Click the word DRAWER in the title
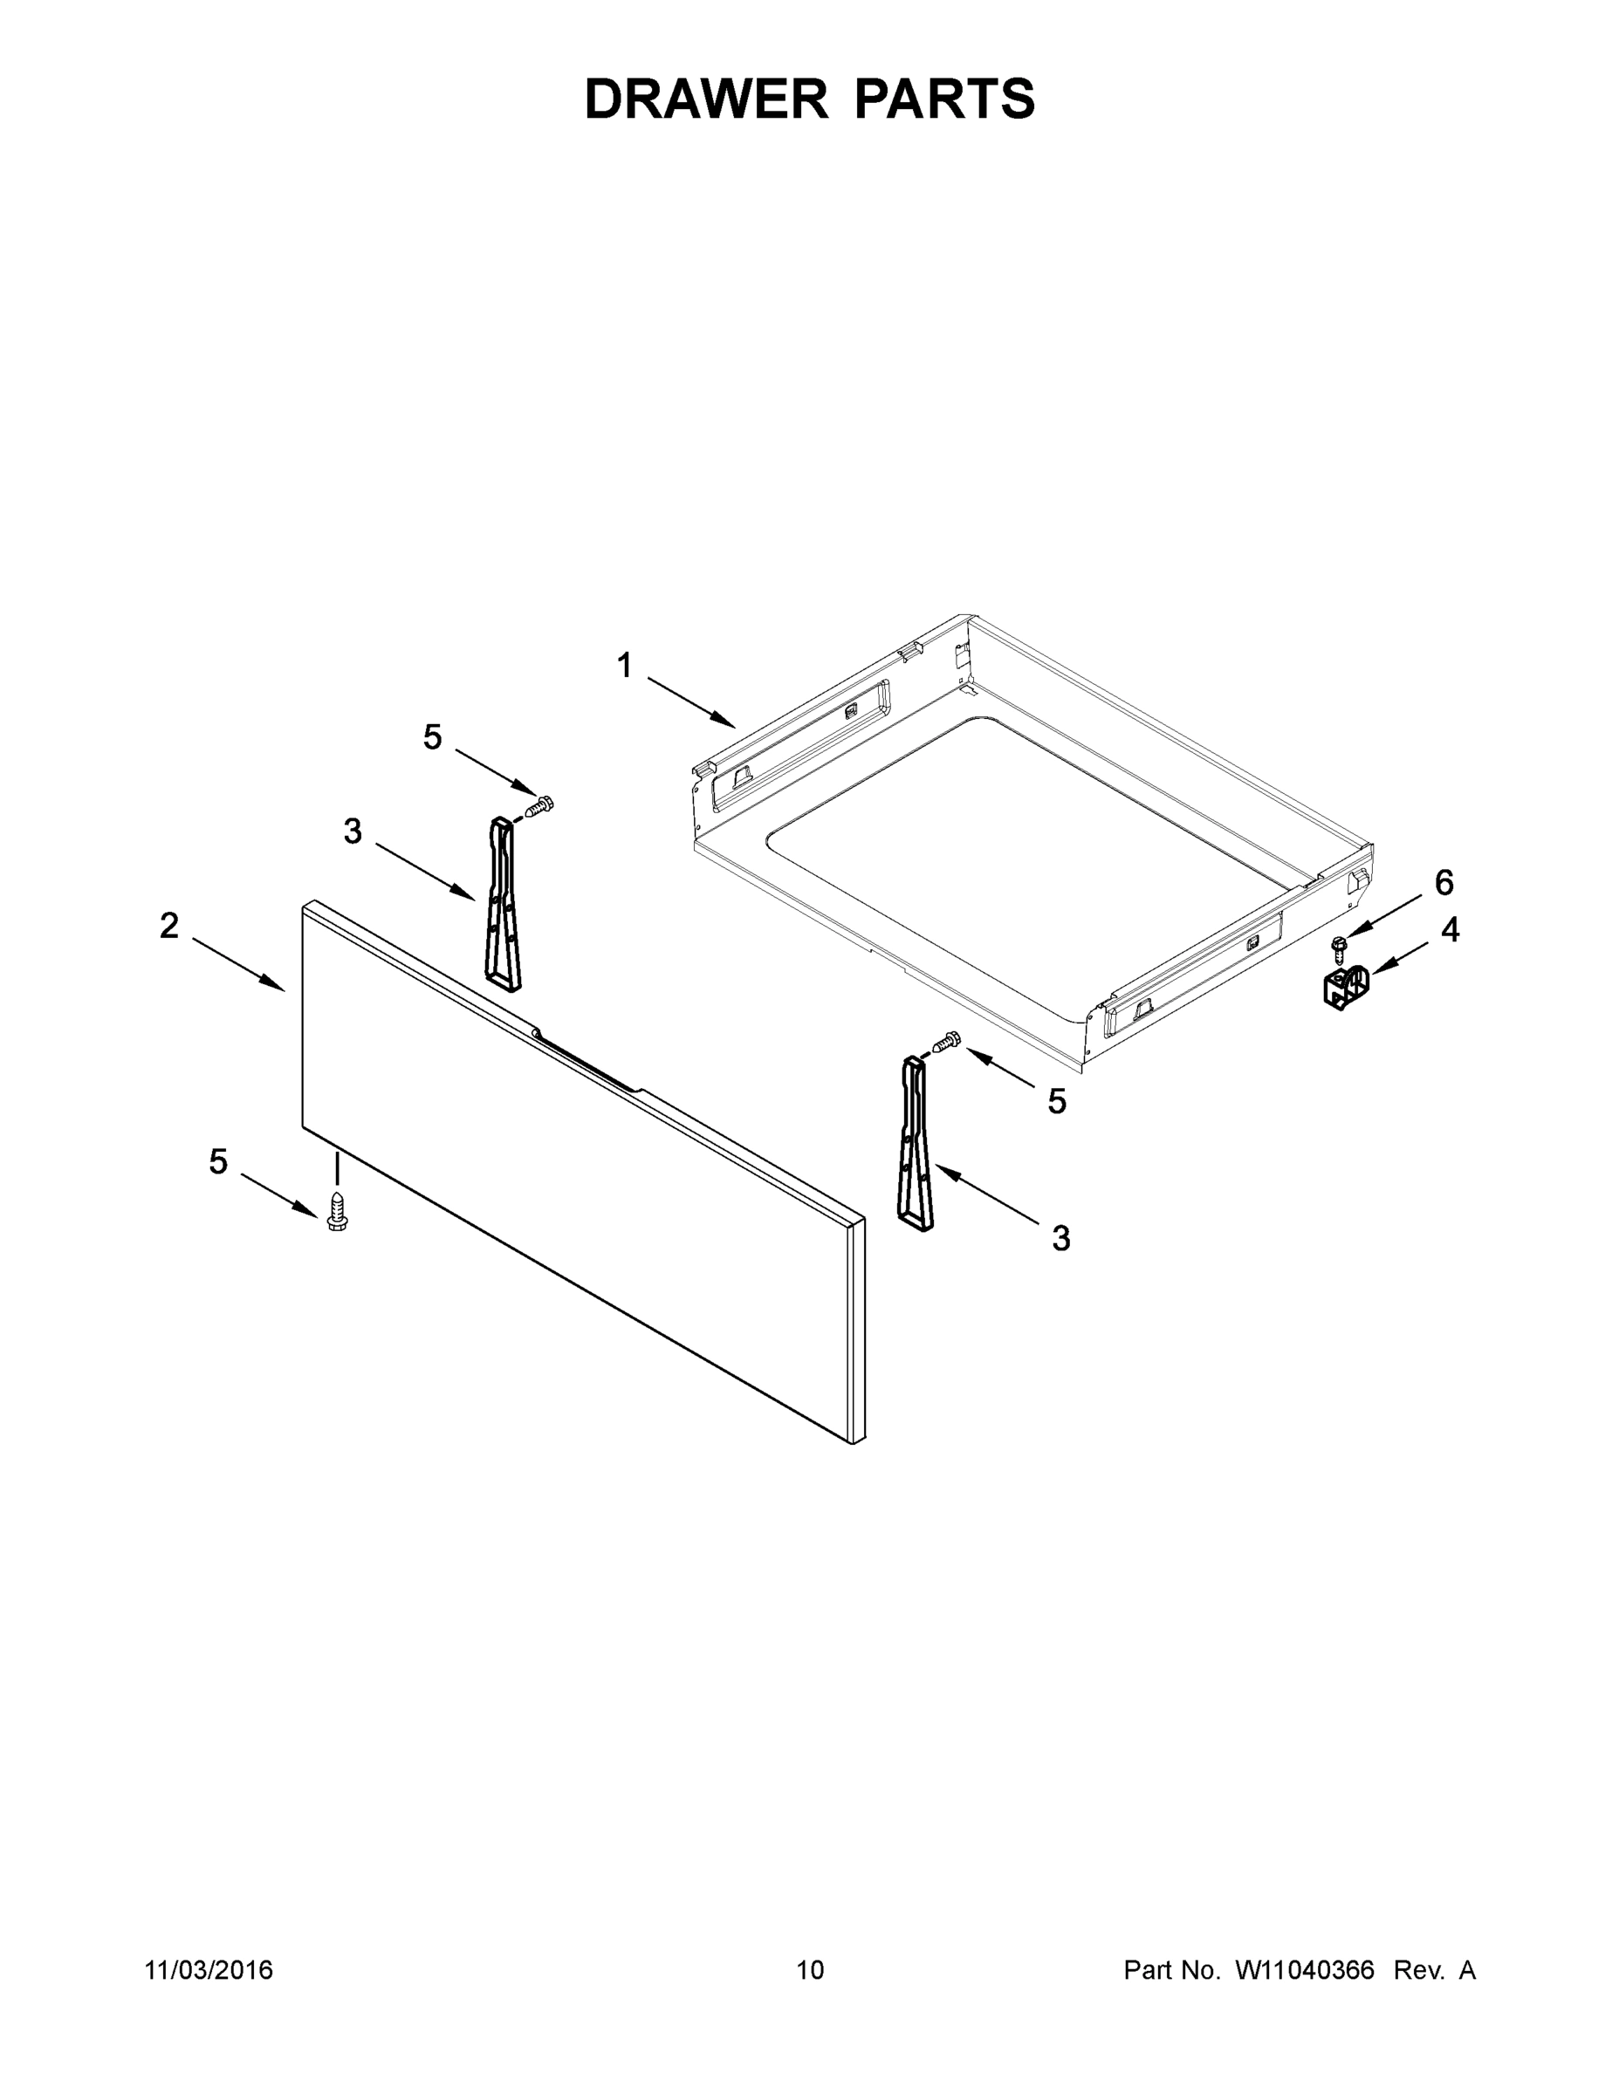coord(705,99)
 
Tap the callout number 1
coord(624,666)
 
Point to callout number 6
coord(1444,882)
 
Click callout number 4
coord(1449,929)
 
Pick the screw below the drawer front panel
coord(337,1211)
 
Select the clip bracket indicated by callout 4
coord(1345,988)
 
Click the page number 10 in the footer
coord(810,1969)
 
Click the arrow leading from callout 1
coord(690,701)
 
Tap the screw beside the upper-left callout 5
coord(540,806)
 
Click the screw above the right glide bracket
coord(946,1041)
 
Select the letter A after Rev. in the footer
coord(1466,1969)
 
